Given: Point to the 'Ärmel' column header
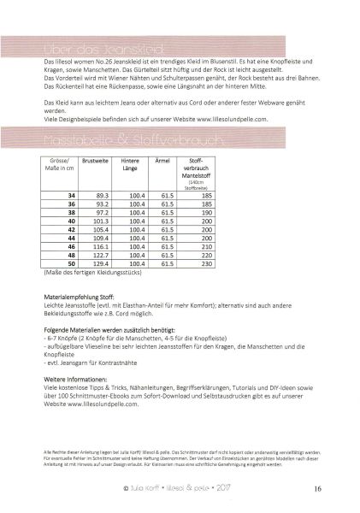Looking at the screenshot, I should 168,160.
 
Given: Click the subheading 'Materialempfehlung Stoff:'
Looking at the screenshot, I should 79,318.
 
